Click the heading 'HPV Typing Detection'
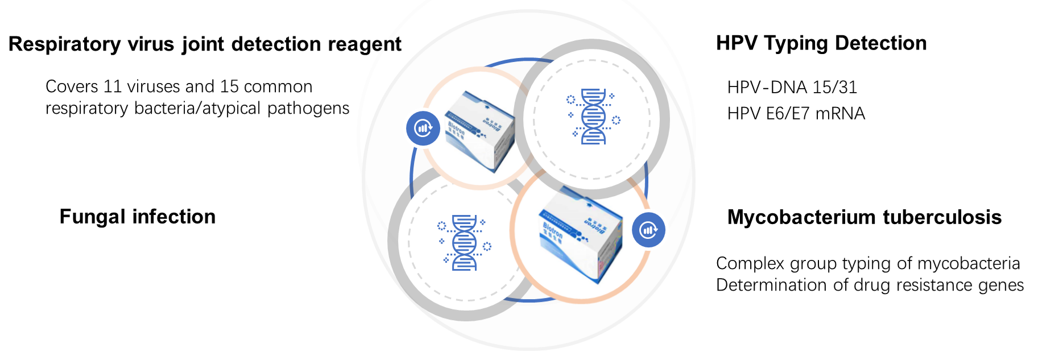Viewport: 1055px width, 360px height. (x=821, y=43)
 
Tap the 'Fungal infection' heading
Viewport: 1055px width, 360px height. (x=138, y=217)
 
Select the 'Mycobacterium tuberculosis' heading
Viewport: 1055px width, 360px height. (x=864, y=217)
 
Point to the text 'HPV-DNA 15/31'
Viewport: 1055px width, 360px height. (x=792, y=87)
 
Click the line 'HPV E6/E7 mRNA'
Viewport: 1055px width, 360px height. (x=796, y=114)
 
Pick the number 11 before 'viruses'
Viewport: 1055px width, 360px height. (x=113, y=86)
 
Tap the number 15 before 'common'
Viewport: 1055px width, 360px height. (x=229, y=86)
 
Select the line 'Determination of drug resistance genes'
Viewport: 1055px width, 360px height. (x=870, y=285)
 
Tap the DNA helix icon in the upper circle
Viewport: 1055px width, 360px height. (x=593, y=117)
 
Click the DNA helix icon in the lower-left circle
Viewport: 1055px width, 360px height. (x=464, y=243)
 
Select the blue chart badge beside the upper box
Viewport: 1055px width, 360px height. (x=423, y=129)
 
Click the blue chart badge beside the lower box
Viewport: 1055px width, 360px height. (x=648, y=230)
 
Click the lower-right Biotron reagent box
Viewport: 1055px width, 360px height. (x=580, y=233)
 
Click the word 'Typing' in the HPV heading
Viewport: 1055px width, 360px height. (x=794, y=43)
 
